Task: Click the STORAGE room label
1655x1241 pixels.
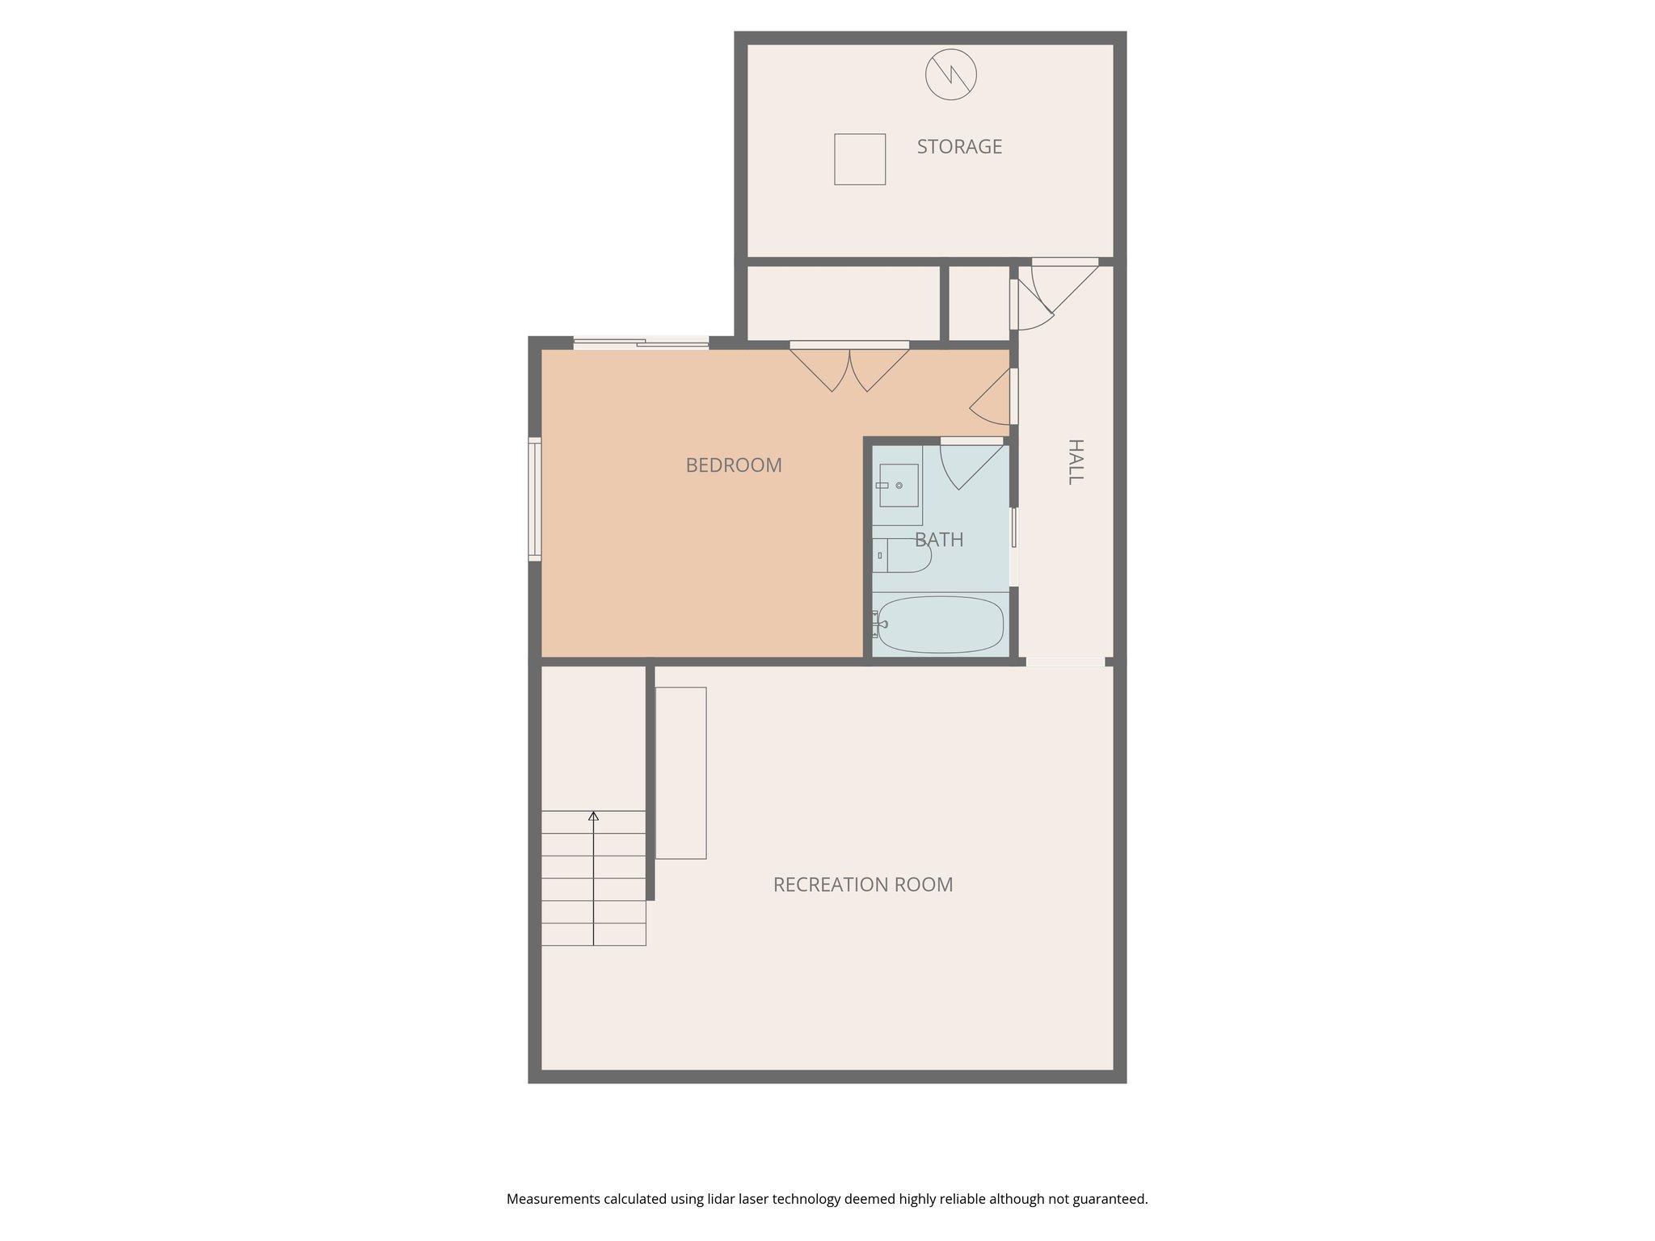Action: point(959,146)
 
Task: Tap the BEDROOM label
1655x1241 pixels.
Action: point(734,465)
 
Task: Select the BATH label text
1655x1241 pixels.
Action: point(939,540)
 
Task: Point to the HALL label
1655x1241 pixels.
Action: point(1075,461)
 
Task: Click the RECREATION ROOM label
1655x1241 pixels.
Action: point(863,885)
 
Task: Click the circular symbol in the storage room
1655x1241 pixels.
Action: point(951,75)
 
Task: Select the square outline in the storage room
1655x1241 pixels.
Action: point(860,159)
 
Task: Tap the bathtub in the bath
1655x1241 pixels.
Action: point(941,625)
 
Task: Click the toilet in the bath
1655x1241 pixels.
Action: point(903,555)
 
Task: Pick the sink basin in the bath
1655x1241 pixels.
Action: point(898,486)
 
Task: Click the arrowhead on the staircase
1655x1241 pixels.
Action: point(594,816)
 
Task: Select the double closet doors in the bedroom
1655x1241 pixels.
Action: point(849,368)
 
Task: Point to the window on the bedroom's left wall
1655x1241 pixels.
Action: point(534,499)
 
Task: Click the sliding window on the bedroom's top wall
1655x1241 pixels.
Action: point(641,343)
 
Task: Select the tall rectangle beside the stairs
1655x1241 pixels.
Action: point(680,773)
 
